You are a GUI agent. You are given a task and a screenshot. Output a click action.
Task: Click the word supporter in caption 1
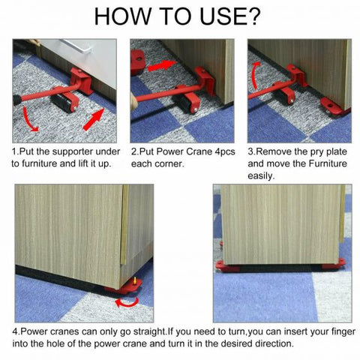[x=77, y=151]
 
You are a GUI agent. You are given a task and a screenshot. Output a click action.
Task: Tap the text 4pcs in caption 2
[x=222, y=151]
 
